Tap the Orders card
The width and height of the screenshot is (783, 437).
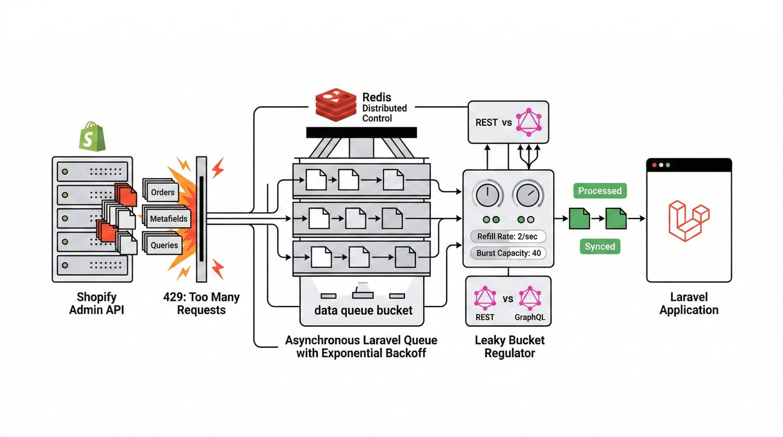coord(162,192)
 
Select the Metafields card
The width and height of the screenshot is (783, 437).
coord(168,219)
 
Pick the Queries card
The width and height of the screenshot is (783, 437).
coord(164,245)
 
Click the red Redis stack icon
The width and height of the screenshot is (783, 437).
coord(336,105)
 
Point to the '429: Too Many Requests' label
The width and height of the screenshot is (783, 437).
coord(201,303)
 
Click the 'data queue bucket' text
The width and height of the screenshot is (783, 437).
coord(363,310)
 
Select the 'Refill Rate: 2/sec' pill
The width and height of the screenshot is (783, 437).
coord(507,236)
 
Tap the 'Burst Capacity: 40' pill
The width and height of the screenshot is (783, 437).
coord(508,253)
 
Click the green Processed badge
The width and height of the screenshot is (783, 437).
coord(600,191)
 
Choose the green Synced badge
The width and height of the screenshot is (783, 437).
coord(600,246)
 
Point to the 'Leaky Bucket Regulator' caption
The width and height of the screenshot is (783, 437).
coord(509,346)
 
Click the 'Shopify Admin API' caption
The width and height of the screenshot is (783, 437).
coord(96,303)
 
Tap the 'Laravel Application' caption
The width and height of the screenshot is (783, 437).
coord(689,303)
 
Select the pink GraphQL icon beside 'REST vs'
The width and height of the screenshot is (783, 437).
coord(529,122)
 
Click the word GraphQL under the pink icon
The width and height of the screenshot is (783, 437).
coord(530,317)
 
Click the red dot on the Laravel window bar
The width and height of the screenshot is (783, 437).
coord(654,165)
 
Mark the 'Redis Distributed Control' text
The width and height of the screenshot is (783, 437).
coord(384,108)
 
